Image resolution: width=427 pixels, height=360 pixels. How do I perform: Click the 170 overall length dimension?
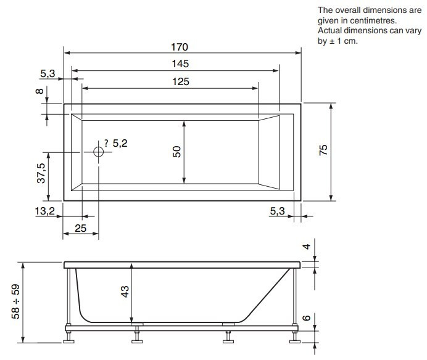(x=180, y=47)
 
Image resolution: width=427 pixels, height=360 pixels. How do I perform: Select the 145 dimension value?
(x=180, y=64)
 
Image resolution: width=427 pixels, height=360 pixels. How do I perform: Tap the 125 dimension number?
(x=181, y=81)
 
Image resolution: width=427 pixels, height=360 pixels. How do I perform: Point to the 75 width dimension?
(x=323, y=150)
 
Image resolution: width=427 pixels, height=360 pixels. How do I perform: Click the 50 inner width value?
(x=176, y=152)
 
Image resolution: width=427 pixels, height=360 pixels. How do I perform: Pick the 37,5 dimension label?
(x=41, y=173)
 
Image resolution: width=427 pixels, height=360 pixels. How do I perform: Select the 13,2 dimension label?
(x=44, y=211)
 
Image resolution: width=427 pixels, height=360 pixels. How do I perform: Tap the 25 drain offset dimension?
(x=80, y=228)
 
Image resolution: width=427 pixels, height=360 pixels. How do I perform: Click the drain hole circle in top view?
(x=98, y=152)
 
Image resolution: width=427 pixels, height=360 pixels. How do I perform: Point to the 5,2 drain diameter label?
(x=120, y=144)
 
